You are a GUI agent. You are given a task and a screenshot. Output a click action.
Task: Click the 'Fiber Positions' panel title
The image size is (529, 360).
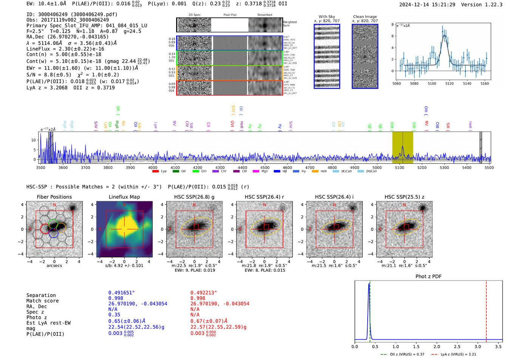(x=54, y=197)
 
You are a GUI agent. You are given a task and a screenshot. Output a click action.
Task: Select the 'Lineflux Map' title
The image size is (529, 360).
(x=124, y=197)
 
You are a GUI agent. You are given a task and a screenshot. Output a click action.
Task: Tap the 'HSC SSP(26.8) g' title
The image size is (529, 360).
(x=194, y=197)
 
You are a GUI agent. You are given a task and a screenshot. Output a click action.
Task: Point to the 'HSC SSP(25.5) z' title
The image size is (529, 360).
(x=404, y=197)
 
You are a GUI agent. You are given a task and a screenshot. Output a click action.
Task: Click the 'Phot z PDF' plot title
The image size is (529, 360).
(x=428, y=277)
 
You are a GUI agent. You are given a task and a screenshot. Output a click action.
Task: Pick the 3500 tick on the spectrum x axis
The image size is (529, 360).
(x=40, y=167)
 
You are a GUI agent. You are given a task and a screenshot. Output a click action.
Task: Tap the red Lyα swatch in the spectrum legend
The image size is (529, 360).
(x=155, y=172)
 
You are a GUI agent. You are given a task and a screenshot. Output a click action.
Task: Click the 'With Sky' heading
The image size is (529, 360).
(x=327, y=17)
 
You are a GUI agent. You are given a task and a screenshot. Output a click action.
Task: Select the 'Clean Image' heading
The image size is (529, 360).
(x=365, y=17)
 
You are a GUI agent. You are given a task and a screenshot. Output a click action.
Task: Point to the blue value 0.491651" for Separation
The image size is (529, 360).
(x=121, y=293)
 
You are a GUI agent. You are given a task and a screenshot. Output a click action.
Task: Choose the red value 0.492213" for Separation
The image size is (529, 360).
(x=203, y=293)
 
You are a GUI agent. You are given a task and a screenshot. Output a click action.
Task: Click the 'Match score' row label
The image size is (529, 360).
(x=42, y=301)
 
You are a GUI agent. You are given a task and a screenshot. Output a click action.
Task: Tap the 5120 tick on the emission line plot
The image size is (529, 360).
(x=449, y=83)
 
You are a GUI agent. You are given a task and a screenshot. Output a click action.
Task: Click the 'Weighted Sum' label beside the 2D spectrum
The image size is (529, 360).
(x=289, y=24)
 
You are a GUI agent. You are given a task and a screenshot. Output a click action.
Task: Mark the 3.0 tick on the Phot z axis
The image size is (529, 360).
(x=478, y=346)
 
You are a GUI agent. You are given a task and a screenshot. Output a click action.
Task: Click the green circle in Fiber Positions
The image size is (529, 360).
(x=53, y=223)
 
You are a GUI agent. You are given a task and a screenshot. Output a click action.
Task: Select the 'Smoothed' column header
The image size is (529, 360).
(x=264, y=15)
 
